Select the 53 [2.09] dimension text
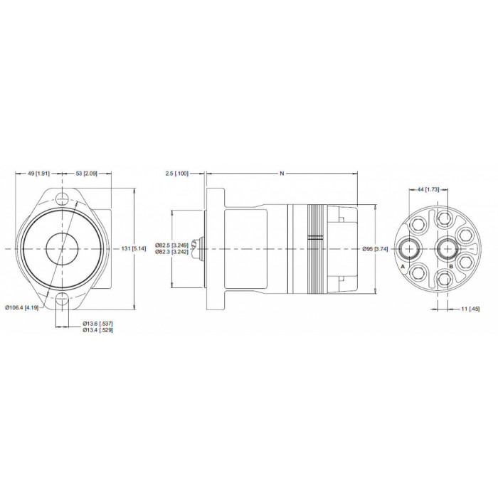[x=86, y=174]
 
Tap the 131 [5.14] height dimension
[x=134, y=248]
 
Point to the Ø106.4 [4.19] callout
[x=22, y=307]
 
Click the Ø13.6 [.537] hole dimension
[x=98, y=324]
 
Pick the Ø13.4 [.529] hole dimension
[x=98, y=330]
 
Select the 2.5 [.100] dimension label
[x=177, y=174]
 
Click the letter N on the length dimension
[x=282, y=174]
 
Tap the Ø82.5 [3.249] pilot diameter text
[x=172, y=245]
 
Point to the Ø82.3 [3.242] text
[x=172, y=252]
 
